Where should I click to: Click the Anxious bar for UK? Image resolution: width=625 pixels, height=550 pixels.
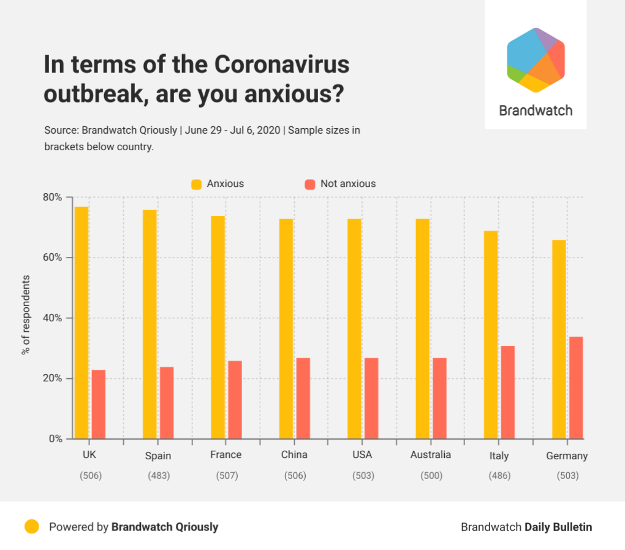[81, 323]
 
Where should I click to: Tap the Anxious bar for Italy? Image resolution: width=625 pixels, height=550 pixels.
[490, 335]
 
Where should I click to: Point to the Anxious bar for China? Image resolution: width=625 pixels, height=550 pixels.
[286, 329]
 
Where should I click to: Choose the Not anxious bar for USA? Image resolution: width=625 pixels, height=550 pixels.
[371, 398]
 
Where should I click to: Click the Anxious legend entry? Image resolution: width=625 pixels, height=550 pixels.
[218, 184]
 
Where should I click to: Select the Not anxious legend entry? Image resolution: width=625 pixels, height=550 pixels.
[340, 184]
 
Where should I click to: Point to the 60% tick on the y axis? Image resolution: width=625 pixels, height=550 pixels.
[52, 258]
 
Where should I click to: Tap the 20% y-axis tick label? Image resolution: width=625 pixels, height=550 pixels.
[52, 378]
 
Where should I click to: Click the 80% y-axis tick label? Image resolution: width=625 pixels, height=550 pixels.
[52, 197]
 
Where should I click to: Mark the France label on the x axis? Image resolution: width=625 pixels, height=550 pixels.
[225, 455]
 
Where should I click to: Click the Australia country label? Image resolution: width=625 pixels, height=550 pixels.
[430, 455]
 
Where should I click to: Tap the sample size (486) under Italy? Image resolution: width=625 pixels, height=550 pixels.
[499, 476]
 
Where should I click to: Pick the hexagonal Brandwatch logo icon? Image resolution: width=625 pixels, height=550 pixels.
[536, 59]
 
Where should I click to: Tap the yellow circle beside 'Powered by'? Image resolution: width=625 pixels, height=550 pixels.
[32, 527]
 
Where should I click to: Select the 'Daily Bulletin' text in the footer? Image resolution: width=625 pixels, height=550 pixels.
[558, 527]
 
